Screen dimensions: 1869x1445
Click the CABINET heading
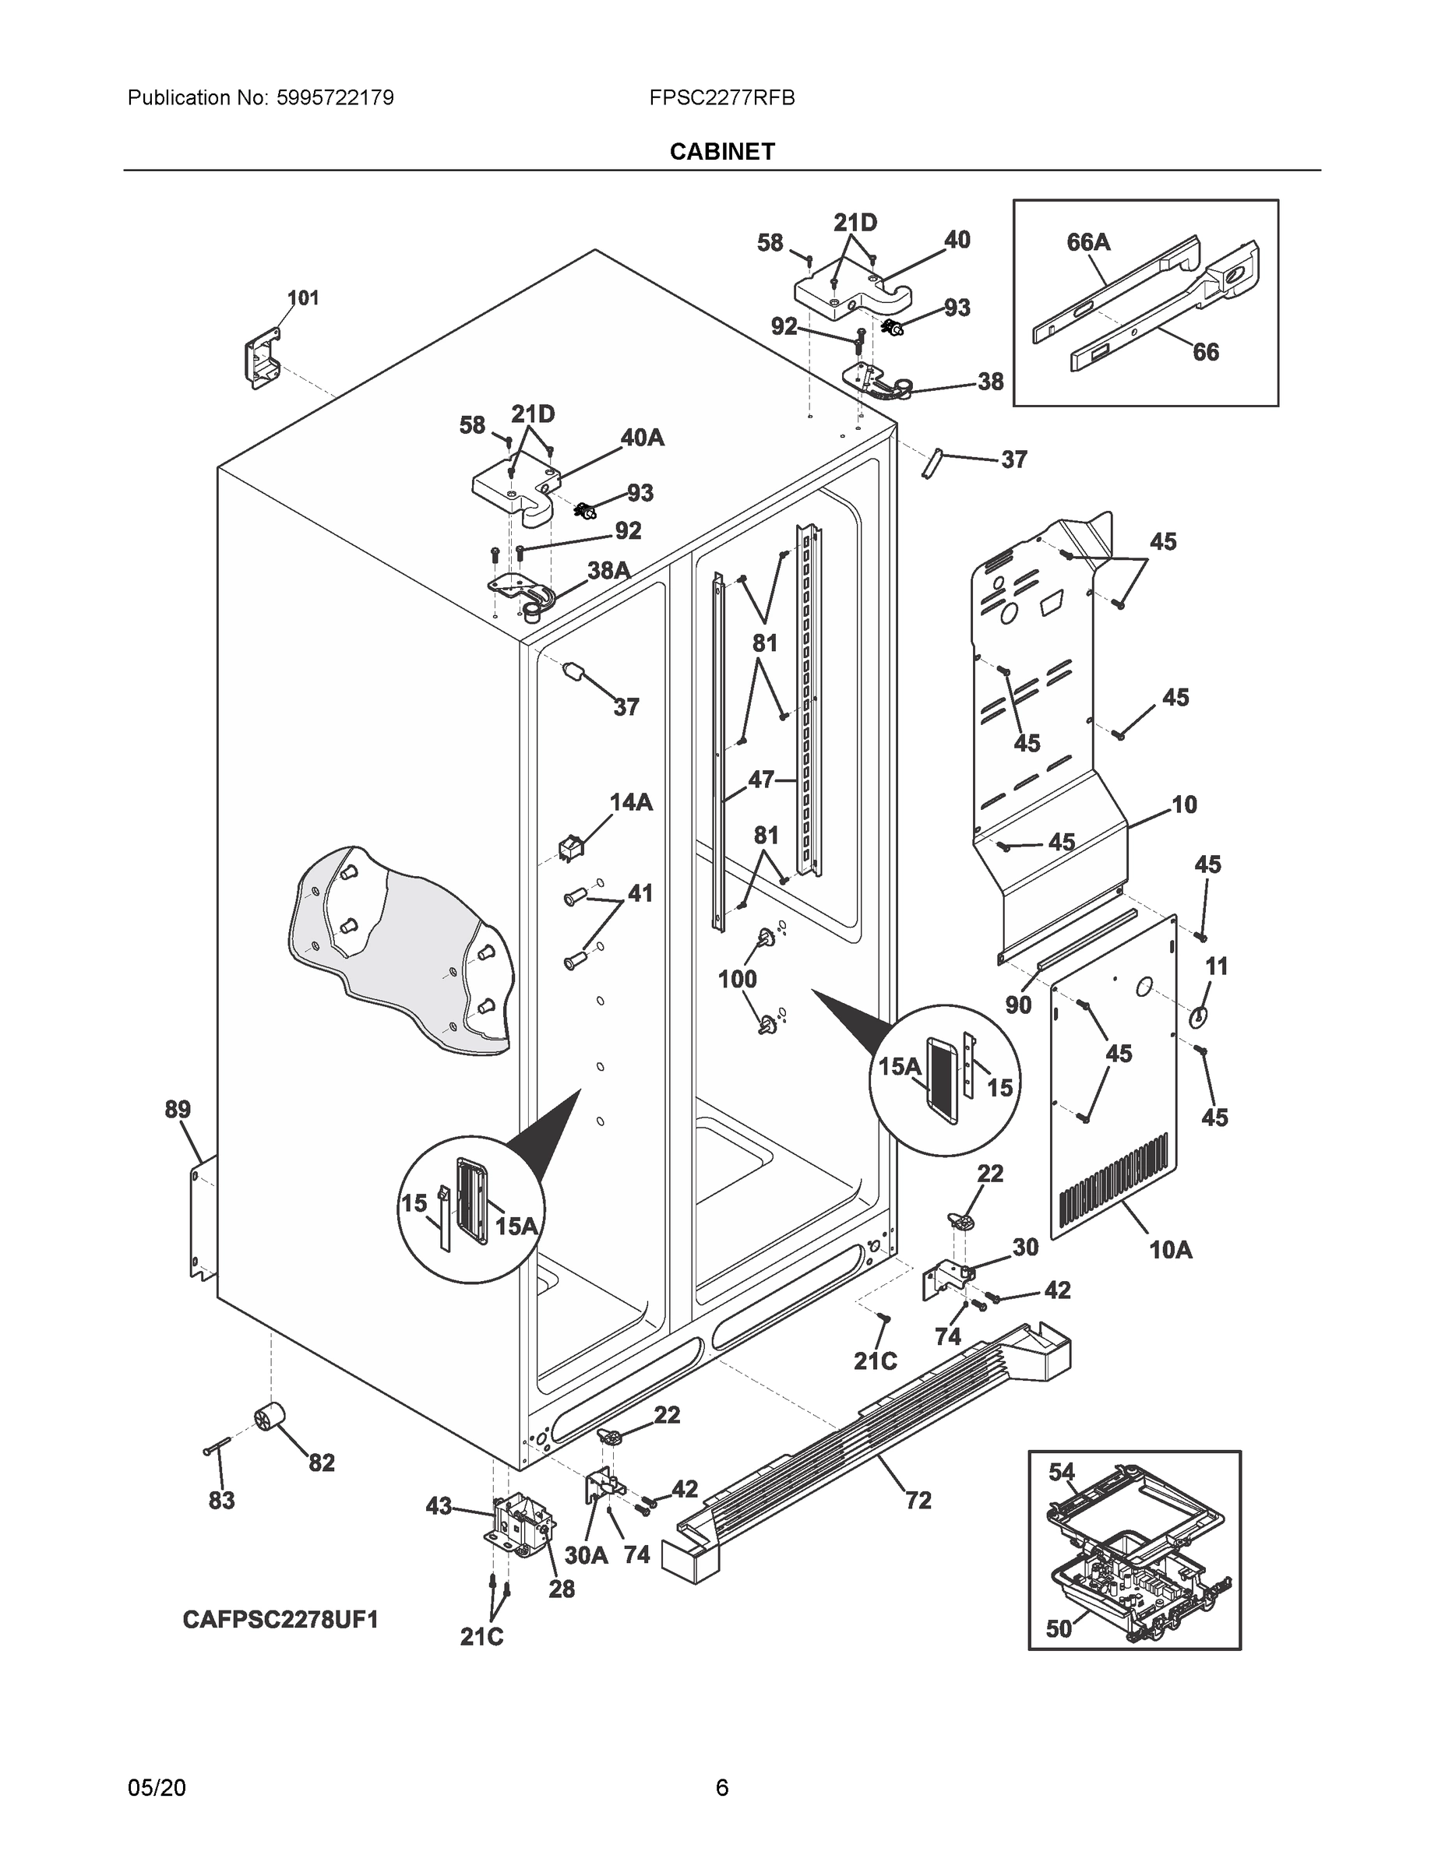tap(721, 152)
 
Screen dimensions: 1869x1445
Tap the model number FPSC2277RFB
tap(721, 98)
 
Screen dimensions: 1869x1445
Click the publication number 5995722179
tap(335, 98)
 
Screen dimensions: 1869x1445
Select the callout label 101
tap(302, 297)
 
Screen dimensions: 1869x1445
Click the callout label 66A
tap(1088, 243)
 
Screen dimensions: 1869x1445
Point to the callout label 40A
tap(642, 438)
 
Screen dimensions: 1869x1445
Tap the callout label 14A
tap(631, 802)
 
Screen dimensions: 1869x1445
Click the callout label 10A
tap(1170, 1250)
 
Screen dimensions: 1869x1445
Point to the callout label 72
tap(918, 1500)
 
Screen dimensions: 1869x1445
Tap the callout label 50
tap(1059, 1628)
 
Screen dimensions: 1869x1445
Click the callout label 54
tap(1062, 1472)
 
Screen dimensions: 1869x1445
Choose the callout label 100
tap(737, 979)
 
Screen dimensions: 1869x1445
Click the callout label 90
tap(1018, 1005)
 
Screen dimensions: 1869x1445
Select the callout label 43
tap(439, 1506)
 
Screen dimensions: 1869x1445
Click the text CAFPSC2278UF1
tap(280, 1619)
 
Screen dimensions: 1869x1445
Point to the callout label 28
tap(562, 1589)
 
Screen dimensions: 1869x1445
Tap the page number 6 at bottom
tap(721, 1787)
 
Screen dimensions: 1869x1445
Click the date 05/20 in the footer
tap(157, 1788)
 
